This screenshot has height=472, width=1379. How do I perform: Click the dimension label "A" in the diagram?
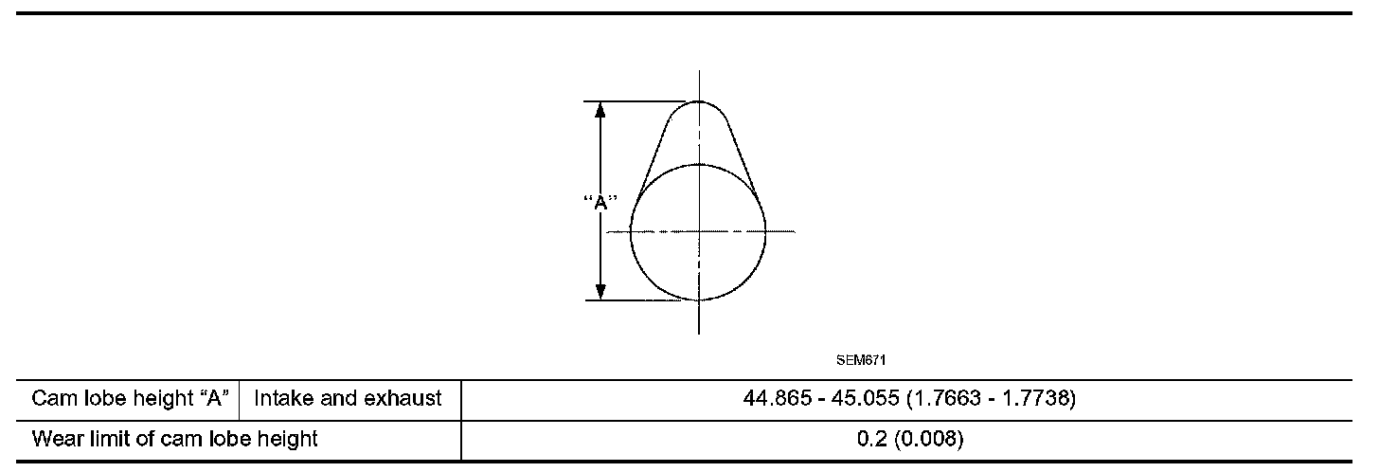point(600,202)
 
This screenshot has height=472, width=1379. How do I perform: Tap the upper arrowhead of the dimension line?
point(600,110)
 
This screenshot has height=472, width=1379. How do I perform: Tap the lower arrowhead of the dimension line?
point(600,292)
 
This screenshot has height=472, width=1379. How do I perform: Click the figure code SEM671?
point(861,360)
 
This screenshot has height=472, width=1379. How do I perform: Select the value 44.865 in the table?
point(777,399)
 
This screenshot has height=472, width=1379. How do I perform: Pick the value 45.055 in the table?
point(865,399)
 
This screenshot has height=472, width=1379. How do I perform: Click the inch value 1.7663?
point(947,399)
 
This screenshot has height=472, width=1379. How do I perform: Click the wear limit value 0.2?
point(872,439)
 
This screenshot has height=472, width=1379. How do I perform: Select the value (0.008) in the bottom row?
point(929,439)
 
